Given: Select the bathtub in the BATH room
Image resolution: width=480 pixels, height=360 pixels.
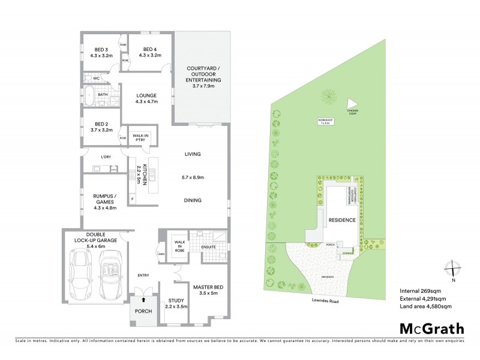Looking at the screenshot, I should pyautogui.click(x=89, y=97).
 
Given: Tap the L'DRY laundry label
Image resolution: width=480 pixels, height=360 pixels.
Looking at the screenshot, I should pyautogui.click(x=106, y=157).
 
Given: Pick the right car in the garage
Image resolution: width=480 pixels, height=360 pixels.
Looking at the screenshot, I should pyautogui.click(x=110, y=275).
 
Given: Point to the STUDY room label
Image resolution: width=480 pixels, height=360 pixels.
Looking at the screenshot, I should pyautogui.click(x=176, y=304).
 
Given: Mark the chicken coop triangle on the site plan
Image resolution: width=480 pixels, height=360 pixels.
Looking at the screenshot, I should pyautogui.click(x=352, y=103).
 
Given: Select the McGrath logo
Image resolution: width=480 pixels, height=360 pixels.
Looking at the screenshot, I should pyautogui.click(x=432, y=328).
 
